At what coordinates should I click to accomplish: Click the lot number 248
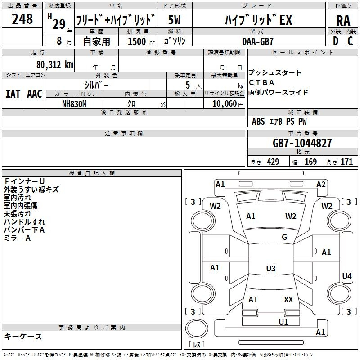[x=22, y=18]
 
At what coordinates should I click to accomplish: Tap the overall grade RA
[x=343, y=21]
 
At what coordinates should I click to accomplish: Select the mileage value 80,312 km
[x=54, y=65]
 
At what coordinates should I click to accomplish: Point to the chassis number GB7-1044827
[x=302, y=143]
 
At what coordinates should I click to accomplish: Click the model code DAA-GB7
[x=257, y=41]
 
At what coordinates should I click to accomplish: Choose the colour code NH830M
[x=74, y=104]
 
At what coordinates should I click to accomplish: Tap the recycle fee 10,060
[x=225, y=104]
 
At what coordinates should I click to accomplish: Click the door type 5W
[x=174, y=20]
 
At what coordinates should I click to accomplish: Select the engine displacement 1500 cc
[x=141, y=41]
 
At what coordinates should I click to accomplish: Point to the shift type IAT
[x=13, y=94]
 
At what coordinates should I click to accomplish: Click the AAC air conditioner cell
[x=35, y=94]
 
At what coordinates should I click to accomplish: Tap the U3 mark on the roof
[x=271, y=268]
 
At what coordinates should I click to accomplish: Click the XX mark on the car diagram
[x=288, y=299]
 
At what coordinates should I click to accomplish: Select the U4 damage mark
[x=346, y=276]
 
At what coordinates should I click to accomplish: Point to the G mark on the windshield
[x=284, y=237]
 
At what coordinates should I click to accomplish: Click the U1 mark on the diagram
[x=283, y=322]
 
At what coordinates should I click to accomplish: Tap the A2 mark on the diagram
[x=321, y=184]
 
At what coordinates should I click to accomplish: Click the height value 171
[x=346, y=162]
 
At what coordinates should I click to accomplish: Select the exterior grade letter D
[x=336, y=41]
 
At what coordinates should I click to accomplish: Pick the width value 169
[x=310, y=162]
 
